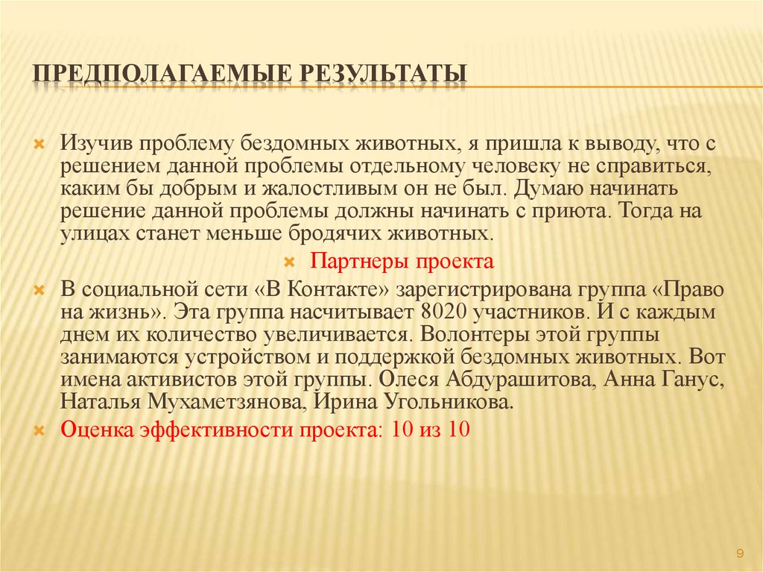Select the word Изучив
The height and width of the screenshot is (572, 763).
98,141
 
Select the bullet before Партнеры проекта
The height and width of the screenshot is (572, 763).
291,263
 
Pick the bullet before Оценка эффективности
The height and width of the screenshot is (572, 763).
42,432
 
